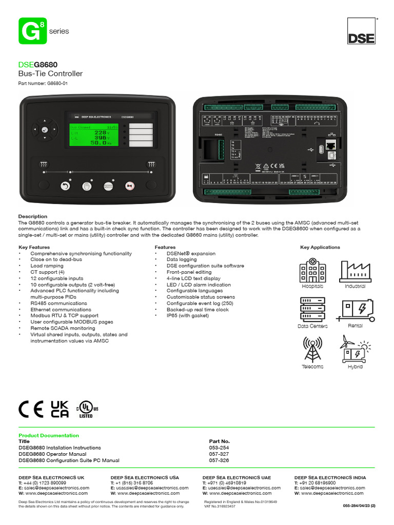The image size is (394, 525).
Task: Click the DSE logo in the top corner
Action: [362, 32]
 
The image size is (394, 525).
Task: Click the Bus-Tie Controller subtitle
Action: [50, 74]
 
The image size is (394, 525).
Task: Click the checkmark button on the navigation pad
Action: [44, 130]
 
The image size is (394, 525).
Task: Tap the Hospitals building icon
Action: [312, 271]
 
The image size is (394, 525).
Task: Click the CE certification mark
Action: [31, 409]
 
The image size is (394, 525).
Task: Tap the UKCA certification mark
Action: [60, 409]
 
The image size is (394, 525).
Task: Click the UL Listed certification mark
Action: [87, 409]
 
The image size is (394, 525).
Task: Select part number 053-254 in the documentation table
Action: [220, 448]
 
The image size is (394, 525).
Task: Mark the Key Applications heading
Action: [320, 247]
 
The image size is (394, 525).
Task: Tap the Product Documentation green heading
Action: [49, 435]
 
